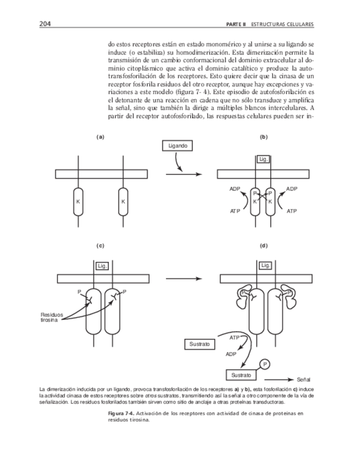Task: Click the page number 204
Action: (x=45, y=24)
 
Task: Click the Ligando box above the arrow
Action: (x=176, y=146)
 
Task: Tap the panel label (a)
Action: (x=100, y=137)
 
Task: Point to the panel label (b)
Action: (x=264, y=137)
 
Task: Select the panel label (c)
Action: (x=100, y=246)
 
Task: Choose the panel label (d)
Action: (x=264, y=246)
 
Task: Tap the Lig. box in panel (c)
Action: (x=101, y=266)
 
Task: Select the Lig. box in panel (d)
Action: (x=265, y=266)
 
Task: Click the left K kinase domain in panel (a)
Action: (x=79, y=201)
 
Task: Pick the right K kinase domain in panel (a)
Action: (x=123, y=201)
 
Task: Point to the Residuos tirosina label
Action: (x=52, y=317)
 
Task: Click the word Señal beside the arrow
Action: (x=304, y=379)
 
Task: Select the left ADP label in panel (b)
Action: (x=234, y=189)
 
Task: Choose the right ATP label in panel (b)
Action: (x=292, y=211)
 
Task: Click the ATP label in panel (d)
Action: (x=234, y=338)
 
